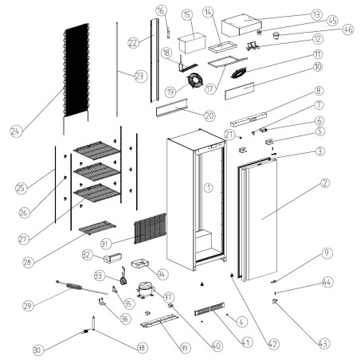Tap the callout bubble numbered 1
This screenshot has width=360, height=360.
click(208, 188)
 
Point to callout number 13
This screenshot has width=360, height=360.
click(316, 14)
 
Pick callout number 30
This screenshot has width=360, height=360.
click(37, 349)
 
